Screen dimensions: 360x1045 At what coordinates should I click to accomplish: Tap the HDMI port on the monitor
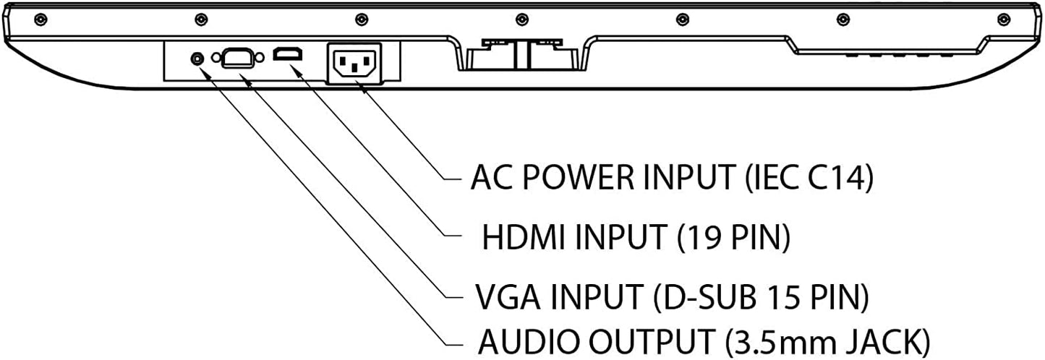(x=289, y=54)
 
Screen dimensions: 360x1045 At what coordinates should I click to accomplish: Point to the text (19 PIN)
(x=733, y=236)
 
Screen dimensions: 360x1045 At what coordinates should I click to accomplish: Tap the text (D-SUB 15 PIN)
(x=760, y=296)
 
